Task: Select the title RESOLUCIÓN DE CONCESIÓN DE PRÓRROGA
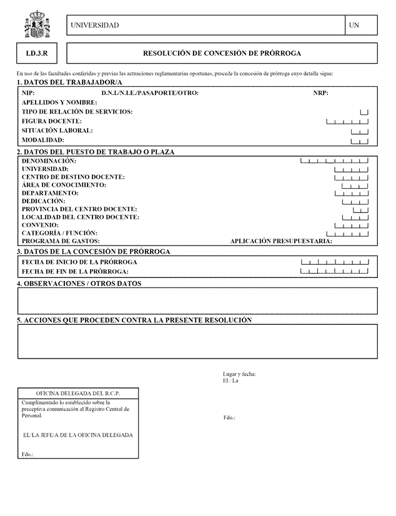(x=222, y=54)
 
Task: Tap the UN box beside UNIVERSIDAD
(x=361, y=25)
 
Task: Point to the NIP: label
(x=28, y=93)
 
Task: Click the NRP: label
(x=320, y=93)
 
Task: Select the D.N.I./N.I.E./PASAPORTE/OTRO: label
(x=150, y=93)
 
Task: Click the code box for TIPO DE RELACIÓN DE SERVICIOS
(x=364, y=112)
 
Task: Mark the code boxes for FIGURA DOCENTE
(x=347, y=121)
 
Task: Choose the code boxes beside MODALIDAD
(x=360, y=141)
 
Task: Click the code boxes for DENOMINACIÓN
(x=334, y=161)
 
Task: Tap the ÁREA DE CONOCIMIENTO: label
(x=64, y=185)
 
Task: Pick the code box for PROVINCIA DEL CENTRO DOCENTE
(x=361, y=209)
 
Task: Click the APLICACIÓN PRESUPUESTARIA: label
(x=281, y=241)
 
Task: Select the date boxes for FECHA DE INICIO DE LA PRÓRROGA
(x=338, y=262)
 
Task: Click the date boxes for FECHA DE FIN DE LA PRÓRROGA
(x=338, y=272)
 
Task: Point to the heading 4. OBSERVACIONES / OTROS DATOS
(x=79, y=284)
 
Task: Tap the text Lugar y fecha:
(x=239, y=374)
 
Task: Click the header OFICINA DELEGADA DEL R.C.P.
(x=78, y=394)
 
